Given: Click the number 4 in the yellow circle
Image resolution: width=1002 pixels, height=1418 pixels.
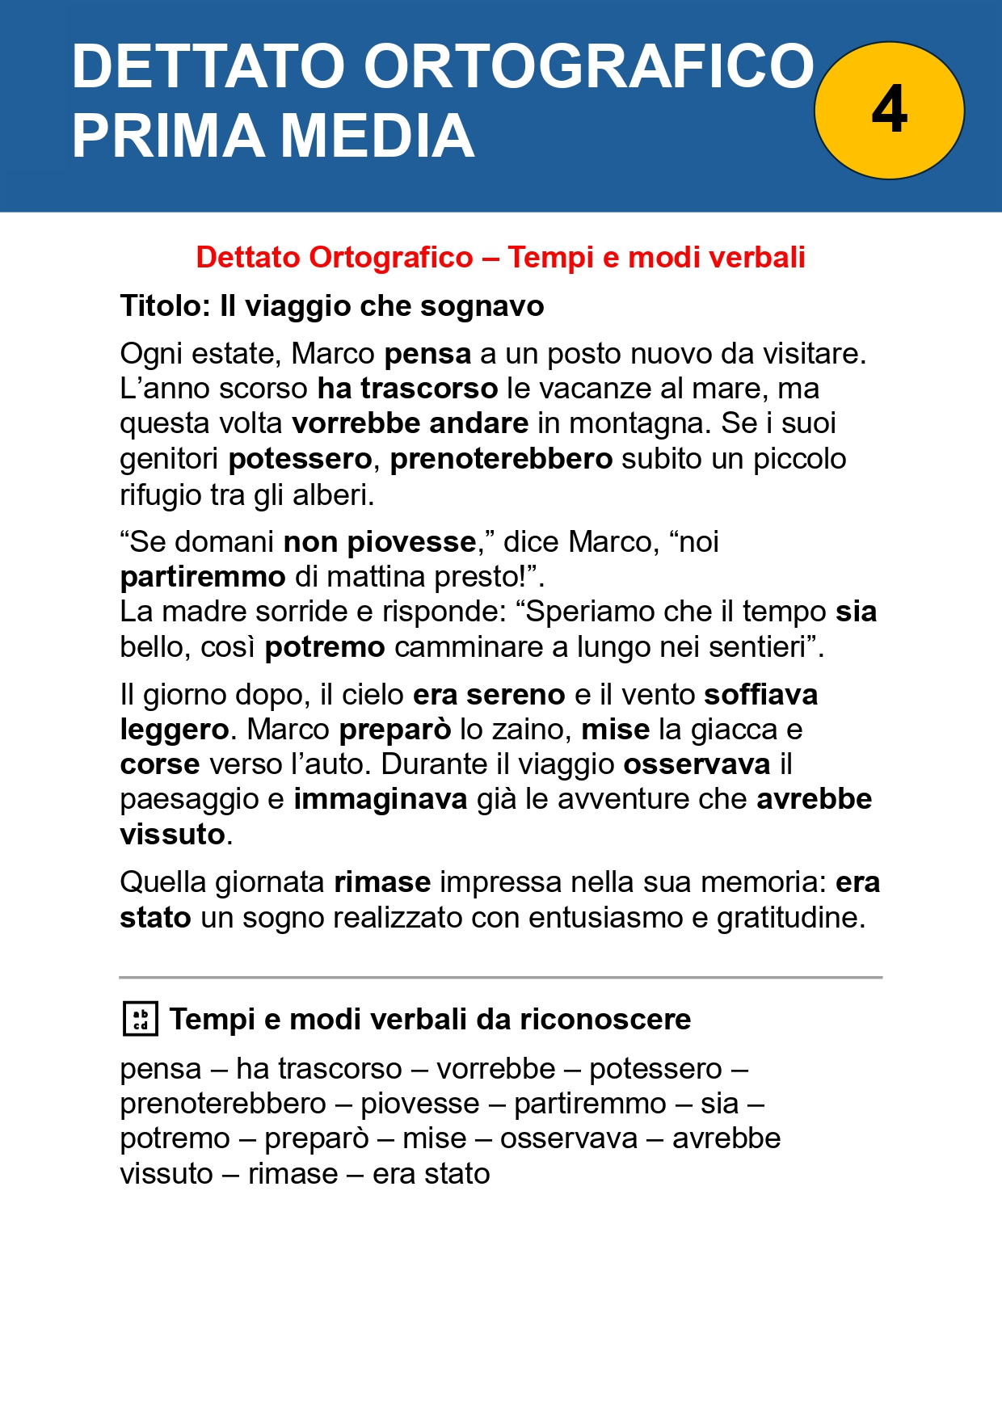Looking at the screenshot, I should coord(889,110).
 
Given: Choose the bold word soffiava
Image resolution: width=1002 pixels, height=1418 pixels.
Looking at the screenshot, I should coord(761,695).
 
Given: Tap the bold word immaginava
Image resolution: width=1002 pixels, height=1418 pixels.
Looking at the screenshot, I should coord(380,799).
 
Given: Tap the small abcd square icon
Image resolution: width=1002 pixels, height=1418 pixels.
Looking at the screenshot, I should coord(140,1019).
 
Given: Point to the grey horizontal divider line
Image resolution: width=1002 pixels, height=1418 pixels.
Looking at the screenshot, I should coord(501,978).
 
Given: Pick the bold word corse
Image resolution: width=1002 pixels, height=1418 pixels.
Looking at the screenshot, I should coord(160,764).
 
